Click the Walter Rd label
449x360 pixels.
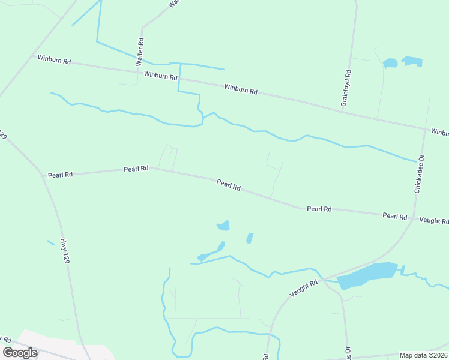coord(140,52)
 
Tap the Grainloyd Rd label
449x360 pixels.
coord(346,88)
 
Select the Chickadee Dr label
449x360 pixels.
coord(419,174)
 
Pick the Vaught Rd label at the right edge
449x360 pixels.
coord(434,221)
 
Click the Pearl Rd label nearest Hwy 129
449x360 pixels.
coord(60,175)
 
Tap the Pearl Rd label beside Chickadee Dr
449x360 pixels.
coord(395,215)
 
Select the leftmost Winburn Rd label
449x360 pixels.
coord(54,59)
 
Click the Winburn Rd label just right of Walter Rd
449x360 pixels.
coord(160,76)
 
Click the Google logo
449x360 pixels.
coord(20,352)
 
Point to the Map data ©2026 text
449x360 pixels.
coord(423,355)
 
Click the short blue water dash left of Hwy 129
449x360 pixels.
coord(51,243)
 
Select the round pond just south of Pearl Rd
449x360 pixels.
coord(223,226)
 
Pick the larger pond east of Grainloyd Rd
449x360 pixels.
coord(412,61)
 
